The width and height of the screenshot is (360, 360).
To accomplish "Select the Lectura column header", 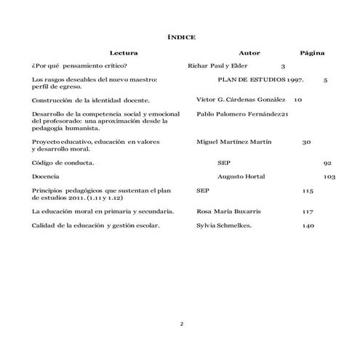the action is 124,53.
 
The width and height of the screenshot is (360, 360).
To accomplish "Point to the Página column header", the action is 312,53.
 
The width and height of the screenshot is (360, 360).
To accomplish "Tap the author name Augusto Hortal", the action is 241,177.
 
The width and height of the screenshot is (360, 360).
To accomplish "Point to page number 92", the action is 327,163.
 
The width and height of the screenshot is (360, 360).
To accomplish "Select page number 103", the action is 329,177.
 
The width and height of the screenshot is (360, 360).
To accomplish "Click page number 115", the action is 307,191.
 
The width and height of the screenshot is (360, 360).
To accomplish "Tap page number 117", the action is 307,212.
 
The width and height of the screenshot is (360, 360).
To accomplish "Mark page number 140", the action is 308,226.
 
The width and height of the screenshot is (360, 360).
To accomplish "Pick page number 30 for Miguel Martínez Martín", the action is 306,143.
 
